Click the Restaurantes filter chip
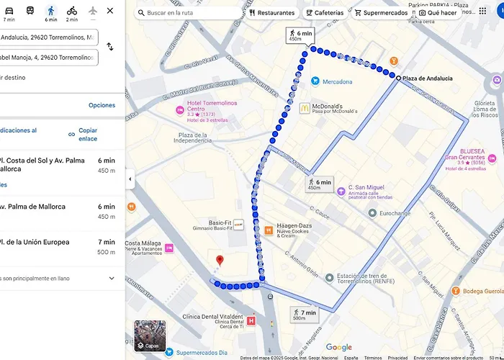(x=272, y=13)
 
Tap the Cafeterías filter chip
(x=324, y=13)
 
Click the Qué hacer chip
(x=438, y=13)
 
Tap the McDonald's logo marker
(x=305, y=108)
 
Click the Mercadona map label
(x=336, y=81)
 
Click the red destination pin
(x=220, y=261)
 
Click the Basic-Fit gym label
(x=220, y=223)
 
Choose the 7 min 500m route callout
(x=305, y=314)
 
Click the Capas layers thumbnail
(x=150, y=336)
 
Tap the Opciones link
(x=102, y=105)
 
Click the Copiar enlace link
(x=87, y=134)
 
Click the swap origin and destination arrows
(x=109, y=47)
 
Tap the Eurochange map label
(x=395, y=213)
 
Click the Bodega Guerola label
(x=482, y=291)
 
